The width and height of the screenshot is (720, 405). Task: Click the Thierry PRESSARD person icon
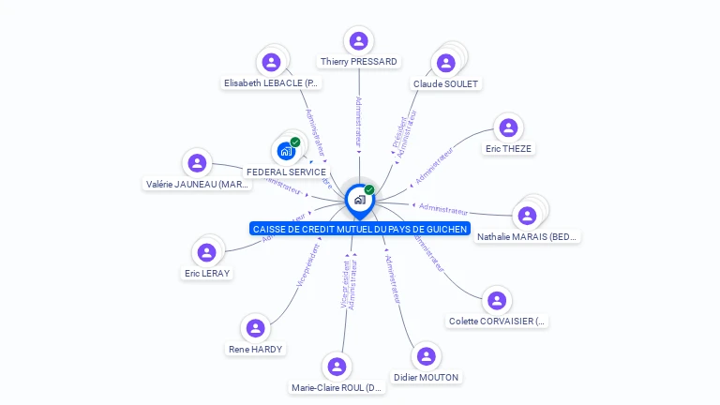tap(358, 40)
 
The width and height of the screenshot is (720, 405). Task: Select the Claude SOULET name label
tap(445, 84)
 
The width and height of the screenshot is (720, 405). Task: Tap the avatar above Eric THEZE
tap(507, 127)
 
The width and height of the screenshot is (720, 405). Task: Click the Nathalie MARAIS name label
tap(528, 237)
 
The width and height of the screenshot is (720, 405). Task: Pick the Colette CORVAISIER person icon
tap(497, 300)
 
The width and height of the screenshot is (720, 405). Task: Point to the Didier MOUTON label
tap(427, 378)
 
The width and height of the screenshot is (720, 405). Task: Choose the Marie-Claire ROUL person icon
tap(337, 367)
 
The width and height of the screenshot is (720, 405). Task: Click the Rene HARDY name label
tap(255, 350)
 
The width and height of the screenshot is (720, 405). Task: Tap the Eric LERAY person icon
tap(207, 252)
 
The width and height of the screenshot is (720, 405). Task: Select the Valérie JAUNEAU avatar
tap(197, 163)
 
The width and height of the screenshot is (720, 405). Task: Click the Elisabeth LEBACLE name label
tap(272, 83)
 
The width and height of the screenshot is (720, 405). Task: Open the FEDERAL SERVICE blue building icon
tap(286, 151)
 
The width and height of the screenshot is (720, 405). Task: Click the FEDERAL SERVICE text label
tap(286, 172)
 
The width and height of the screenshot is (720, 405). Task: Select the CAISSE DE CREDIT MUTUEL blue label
tap(359, 229)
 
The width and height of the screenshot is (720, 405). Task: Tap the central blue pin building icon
tap(359, 199)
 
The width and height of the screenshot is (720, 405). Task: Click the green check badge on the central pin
tap(369, 189)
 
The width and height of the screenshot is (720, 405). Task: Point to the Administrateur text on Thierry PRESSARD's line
tap(358, 121)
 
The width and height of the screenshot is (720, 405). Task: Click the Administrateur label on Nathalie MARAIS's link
tap(443, 207)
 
